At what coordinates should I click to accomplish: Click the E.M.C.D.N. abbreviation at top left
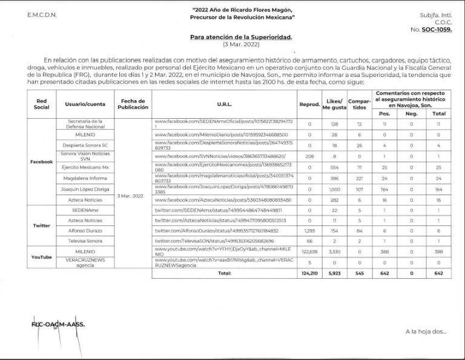point(42,14)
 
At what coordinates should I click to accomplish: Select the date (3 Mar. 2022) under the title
point(241,45)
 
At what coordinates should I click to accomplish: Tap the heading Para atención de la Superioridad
point(241,38)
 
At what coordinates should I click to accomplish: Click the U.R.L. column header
point(225,104)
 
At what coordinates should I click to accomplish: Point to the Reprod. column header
point(309,104)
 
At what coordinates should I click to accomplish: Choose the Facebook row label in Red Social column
point(42,162)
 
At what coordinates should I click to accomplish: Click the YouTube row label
point(42,257)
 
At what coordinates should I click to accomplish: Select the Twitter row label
point(42,225)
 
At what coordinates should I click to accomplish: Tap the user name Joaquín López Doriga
point(85,189)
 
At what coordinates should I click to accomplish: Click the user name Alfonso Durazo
point(85,230)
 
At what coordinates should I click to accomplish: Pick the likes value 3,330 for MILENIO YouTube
point(334,251)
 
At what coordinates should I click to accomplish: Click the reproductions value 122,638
point(309,251)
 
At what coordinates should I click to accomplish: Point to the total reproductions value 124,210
point(309,273)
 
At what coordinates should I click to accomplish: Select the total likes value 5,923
point(334,273)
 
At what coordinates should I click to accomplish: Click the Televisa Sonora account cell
point(85,241)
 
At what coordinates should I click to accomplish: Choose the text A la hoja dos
point(426,332)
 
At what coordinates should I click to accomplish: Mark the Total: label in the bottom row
point(225,273)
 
